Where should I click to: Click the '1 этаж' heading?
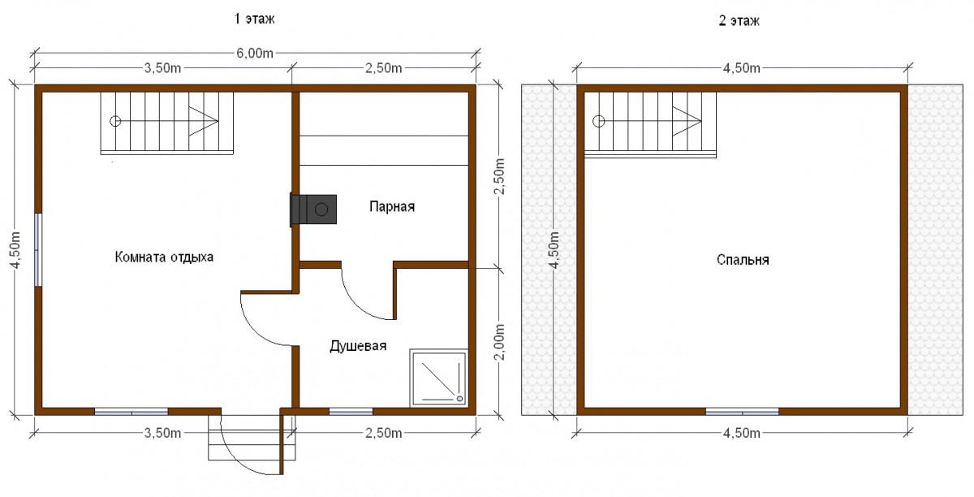254,19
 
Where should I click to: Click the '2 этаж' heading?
739,21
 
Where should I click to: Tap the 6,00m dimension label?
255,53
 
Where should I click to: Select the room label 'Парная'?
392,206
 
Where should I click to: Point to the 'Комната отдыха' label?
164,257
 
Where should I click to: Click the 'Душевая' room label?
358,346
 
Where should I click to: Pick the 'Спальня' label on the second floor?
743,260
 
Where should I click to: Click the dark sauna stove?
313,210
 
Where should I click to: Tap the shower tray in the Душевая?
439,378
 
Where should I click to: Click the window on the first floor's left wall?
38,249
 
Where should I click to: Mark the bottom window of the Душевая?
351,412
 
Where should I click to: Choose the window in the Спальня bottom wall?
742,412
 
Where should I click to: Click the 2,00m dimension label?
500,342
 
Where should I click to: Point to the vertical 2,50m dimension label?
500,176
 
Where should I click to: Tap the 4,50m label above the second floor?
742,68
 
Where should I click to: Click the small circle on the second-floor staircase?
599,121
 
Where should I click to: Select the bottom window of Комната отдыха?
131,412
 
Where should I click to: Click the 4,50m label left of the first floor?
15,250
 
